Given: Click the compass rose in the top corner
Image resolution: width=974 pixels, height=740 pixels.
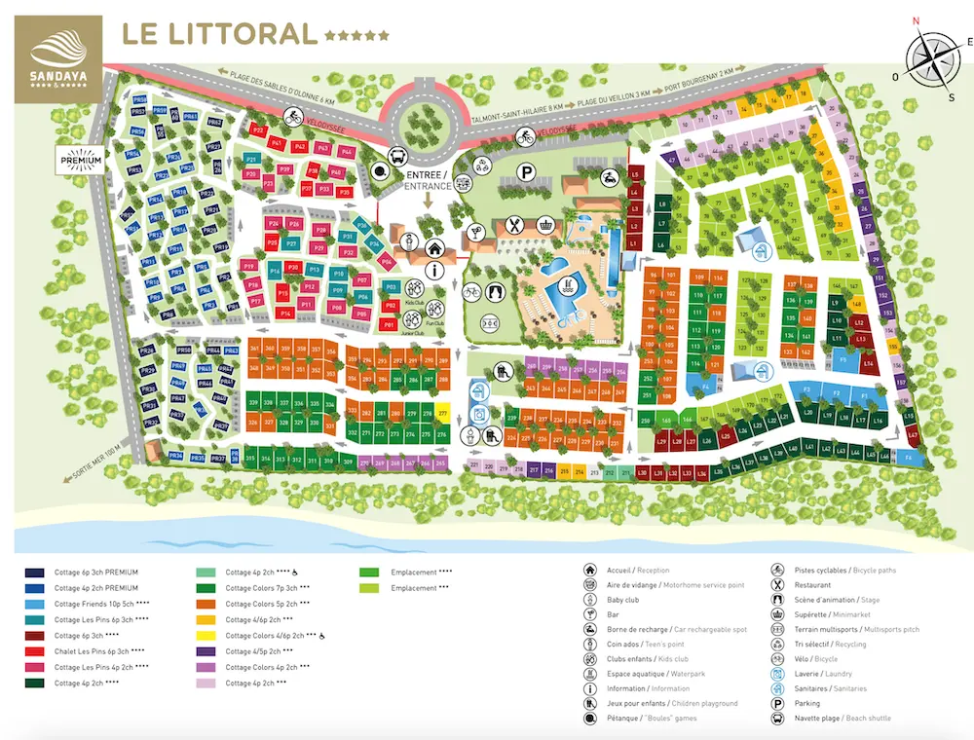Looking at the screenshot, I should tap(934, 56).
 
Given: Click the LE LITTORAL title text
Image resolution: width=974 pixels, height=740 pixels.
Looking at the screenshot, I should tap(219, 34).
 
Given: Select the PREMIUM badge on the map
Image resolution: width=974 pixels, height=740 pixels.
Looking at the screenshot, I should tap(81, 158).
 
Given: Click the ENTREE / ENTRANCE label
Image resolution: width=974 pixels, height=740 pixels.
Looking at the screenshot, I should tap(429, 180).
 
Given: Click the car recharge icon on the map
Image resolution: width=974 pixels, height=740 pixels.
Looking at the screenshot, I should tap(609, 177).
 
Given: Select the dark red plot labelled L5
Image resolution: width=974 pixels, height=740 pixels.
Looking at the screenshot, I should tap(634, 174).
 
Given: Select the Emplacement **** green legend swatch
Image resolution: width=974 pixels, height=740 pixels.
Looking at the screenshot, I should tap(370, 573).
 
